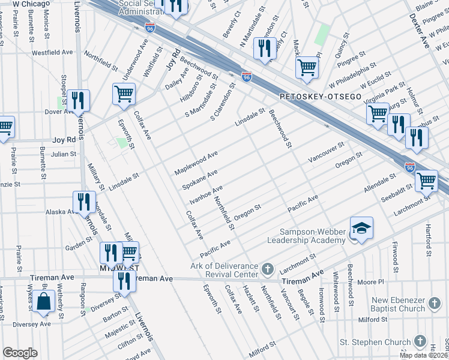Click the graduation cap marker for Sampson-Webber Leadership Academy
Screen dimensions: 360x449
(x=362, y=229)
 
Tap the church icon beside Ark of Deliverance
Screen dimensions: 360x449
(x=267, y=267)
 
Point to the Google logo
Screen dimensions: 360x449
(x=20, y=353)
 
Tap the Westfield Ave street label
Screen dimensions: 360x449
(x=52, y=53)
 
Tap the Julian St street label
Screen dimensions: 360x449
(x=63, y=154)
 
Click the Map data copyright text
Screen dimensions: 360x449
(x=423, y=355)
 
